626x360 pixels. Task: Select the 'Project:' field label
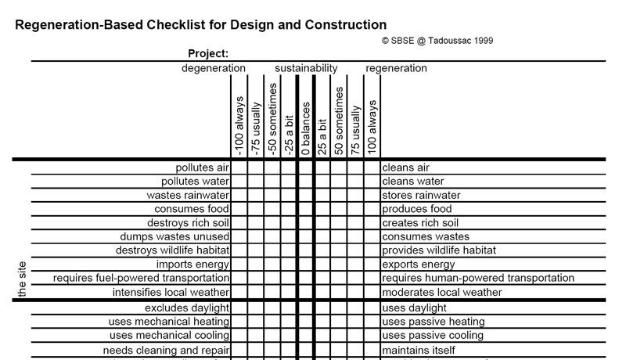[208, 54]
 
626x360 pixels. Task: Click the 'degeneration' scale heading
[214, 68]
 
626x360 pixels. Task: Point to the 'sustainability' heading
[306, 68]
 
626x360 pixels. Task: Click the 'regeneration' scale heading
[396, 68]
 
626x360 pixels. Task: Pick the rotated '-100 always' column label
[239, 125]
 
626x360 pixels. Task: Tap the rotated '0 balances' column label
[306, 128]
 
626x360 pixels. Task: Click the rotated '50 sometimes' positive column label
[340, 119]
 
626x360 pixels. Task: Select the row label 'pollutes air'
[203, 167]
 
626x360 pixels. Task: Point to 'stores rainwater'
[421, 195]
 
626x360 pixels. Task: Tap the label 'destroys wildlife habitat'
[173, 250]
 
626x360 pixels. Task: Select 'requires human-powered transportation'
[478, 278]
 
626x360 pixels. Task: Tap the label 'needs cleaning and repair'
[167, 350]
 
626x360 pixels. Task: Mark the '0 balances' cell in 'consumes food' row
[306, 209]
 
